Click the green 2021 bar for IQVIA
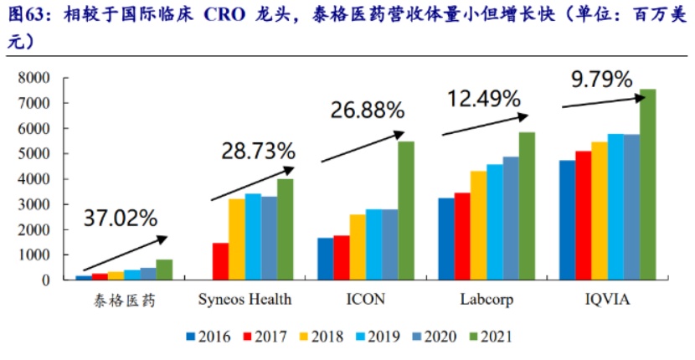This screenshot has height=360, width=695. pos(648,185)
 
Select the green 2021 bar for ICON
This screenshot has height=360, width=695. pos(405,211)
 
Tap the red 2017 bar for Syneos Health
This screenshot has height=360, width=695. pos(220,261)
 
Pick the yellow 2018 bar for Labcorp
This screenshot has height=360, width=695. pos(478,225)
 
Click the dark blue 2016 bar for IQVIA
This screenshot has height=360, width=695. pos(568,220)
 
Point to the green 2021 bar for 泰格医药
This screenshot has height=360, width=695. pos(164,270)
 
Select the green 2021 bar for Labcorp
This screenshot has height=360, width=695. pos(527,206)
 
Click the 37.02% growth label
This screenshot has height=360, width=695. pos(121,219)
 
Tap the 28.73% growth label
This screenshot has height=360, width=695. pos(258,152)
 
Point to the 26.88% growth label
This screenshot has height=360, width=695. pos(368,110)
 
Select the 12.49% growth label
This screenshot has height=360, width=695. pos(485,99)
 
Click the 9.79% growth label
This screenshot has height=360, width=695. pos(601,80)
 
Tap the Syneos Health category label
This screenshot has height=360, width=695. pos(245,299)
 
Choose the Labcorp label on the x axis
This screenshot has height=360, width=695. pos(486,299)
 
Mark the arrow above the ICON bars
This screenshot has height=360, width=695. pos(363,146)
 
